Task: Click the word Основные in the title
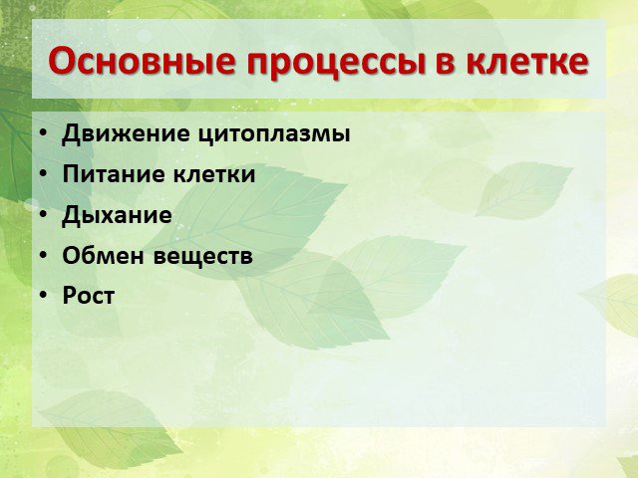click(x=142, y=62)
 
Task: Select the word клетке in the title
click(x=527, y=62)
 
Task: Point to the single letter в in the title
click(x=445, y=64)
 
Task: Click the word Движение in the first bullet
click(x=126, y=133)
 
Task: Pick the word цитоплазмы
click(x=275, y=135)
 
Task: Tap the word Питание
click(x=114, y=174)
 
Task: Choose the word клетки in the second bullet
click(x=215, y=174)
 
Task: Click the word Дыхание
click(x=117, y=216)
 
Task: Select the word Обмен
click(x=103, y=256)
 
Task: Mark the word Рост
click(x=89, y=296)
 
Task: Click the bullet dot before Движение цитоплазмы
click(x=44, y=132)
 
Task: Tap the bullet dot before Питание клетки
click(x=44, y=173)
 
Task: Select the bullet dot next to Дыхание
click(x=44, y=214)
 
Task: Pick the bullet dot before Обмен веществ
click(x=44, y=255)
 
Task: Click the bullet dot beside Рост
click(x=44, y=296)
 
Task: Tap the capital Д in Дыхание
click(x=71, y=216)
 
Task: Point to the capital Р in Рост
click(x=69, y=296)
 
